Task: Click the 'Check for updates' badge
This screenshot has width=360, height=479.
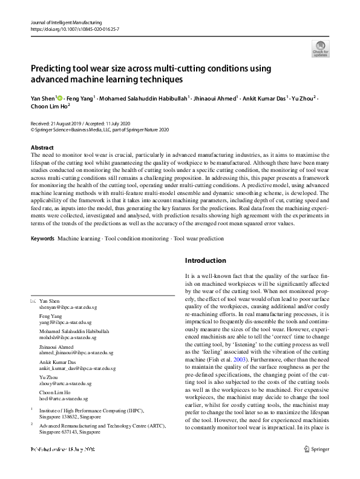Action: point(321,48)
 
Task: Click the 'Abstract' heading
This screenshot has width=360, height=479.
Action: point(42,148)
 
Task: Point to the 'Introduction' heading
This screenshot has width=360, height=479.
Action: point(206,260)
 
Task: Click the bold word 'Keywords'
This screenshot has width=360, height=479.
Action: point(42,239)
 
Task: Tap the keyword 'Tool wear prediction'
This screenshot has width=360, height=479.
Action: point(199,239)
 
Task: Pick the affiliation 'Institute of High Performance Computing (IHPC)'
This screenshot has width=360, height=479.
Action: point(84,410)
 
